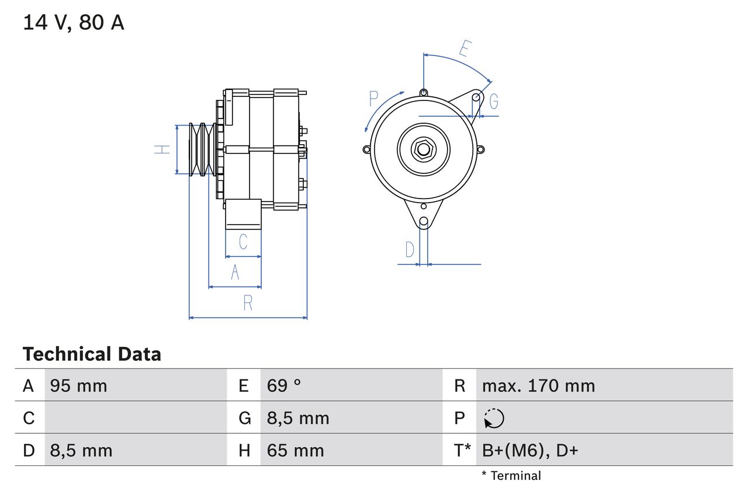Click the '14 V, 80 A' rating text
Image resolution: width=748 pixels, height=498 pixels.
(x=73, y=23)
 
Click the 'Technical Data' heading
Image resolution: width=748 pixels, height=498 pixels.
(x=92, y=354)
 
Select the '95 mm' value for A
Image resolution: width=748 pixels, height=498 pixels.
(x=78, y=386)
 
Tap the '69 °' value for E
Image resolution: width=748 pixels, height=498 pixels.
(x=284, y=386)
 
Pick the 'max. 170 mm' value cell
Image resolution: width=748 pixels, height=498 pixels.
(x=538, y=386)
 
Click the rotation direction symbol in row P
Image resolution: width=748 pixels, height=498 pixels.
(x=494, y=419)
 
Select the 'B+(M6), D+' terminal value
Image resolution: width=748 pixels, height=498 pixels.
(x=529, y=451)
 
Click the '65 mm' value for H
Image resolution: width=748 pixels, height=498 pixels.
(x=295, y=451)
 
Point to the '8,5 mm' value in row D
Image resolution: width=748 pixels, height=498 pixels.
(x=81, y=451)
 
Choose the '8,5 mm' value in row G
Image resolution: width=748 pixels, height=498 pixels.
(x=298, y=419)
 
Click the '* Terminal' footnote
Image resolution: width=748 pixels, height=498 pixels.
(x=511, y=476)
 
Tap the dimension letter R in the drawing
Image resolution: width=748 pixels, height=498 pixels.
(x=248, y=303)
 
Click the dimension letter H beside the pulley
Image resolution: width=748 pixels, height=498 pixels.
(x=162, y=149)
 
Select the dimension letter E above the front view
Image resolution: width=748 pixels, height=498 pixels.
(x=465, y=48)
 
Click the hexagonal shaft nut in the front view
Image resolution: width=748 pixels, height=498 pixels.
(x=423, y=149)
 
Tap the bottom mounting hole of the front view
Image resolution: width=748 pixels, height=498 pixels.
(x=424, y=222)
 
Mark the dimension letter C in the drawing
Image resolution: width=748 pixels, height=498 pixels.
(x=243, y=241)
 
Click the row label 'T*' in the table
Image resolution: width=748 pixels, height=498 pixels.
(x=462, y=451)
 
